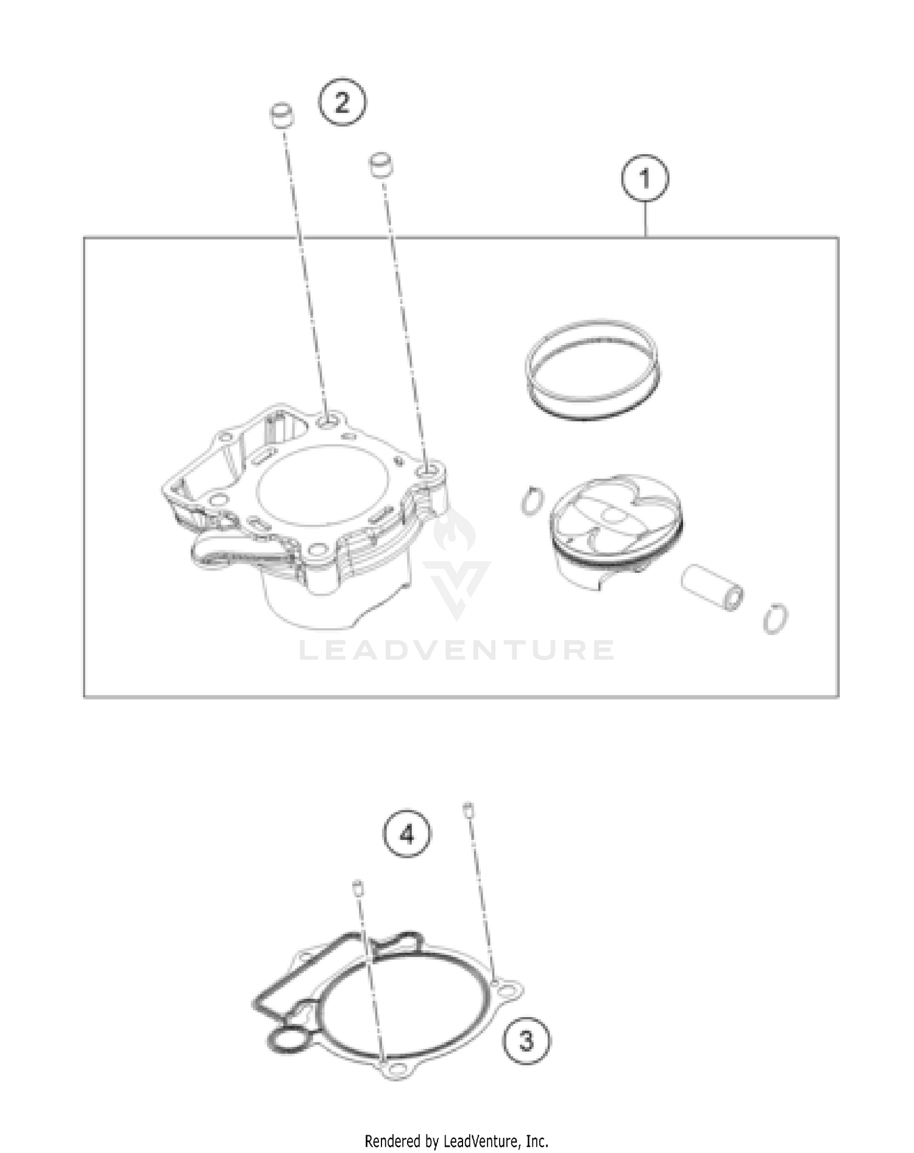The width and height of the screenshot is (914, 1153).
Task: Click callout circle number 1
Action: tap(645, 179)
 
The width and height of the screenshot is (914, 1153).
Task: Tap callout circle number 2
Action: tap(342, 102)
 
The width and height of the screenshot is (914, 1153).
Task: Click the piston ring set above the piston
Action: tap(592, 370)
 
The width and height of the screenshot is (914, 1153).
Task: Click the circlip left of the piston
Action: tap(531, 500)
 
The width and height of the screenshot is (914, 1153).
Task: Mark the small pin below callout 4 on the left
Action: tap(358, 888)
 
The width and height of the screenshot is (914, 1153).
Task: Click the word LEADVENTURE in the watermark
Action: tap(456, 650)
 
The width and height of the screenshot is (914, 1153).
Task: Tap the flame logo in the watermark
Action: tap(456, 527)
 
